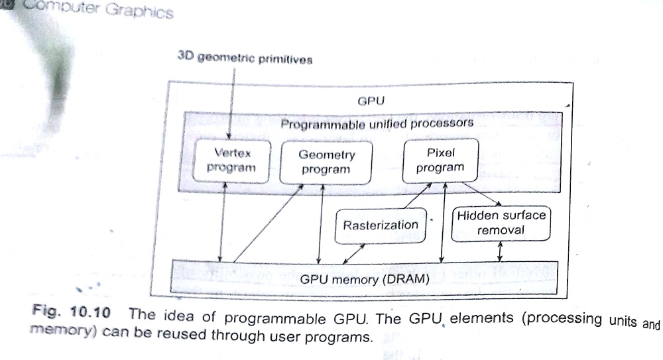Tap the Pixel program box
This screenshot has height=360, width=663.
[x=440, y=160]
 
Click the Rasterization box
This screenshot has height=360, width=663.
[x=381, y=225]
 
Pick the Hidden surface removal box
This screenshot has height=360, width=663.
[x=501, y=223]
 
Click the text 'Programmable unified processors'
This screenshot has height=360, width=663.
[x=377, y=123]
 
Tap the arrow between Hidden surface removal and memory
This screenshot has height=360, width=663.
[x=500, y=251]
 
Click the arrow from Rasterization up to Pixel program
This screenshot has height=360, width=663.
[x=411, y=196]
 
